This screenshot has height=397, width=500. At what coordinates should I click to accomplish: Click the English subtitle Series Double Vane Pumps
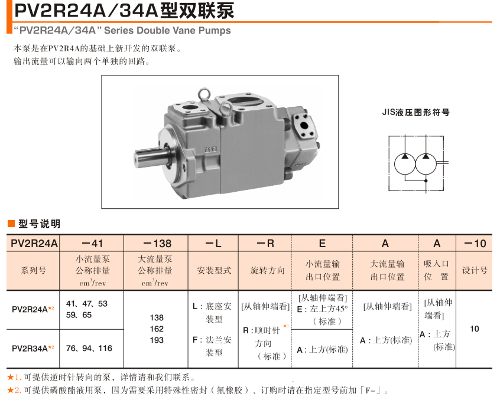[122, 30]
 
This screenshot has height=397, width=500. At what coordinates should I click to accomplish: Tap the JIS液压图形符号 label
[415, 112]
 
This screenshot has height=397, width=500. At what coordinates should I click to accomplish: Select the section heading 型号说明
[39, 224]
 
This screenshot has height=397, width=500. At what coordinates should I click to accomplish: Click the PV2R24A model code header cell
[34, 243]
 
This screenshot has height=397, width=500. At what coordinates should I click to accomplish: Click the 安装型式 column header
[213, 271]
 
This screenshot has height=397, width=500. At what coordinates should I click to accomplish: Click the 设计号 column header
[474, 271]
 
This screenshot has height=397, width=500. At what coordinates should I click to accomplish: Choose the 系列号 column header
[34, 271]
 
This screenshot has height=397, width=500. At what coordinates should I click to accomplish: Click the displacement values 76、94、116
[89, 348]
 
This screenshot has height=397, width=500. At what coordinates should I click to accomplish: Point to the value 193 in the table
[157, 340]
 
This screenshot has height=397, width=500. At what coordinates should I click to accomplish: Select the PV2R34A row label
[31, 349]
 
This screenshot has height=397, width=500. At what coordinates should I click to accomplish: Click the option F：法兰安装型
[213, 346]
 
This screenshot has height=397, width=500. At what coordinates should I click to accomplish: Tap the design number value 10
[474, 329]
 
